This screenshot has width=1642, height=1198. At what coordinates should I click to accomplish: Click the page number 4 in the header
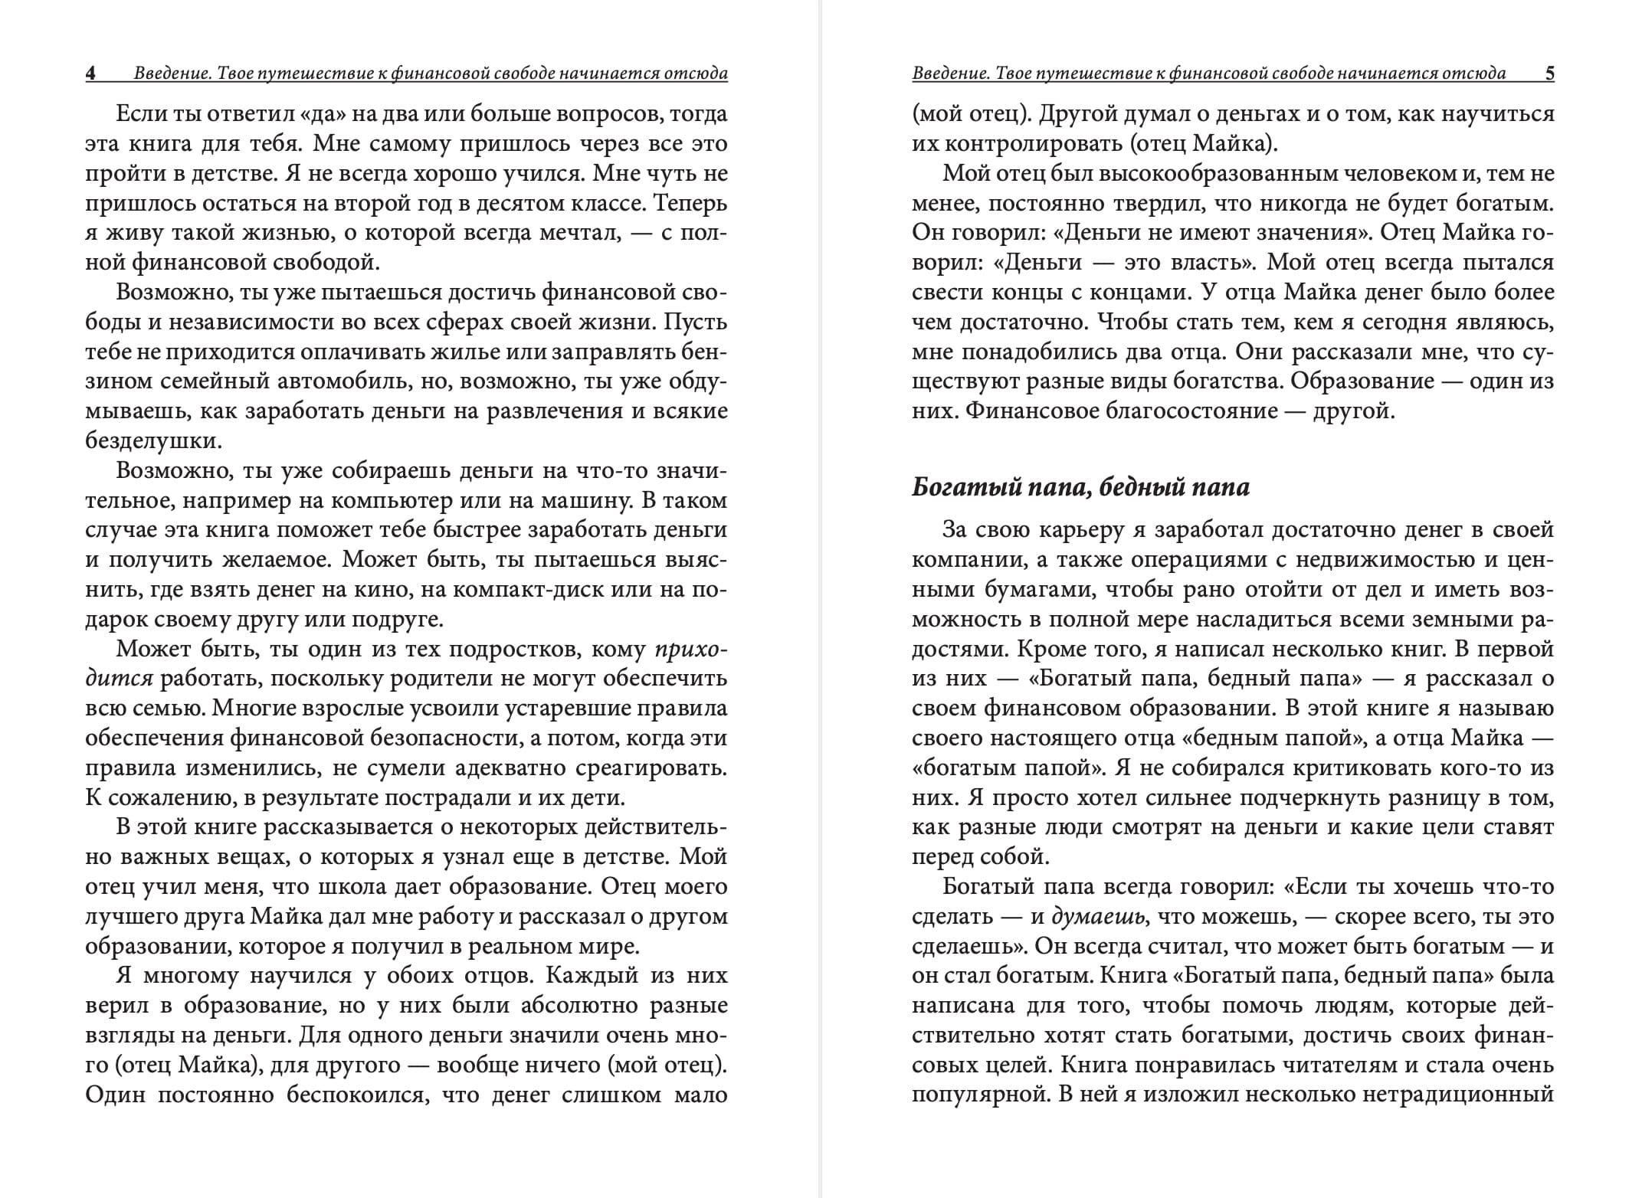coord(90,74)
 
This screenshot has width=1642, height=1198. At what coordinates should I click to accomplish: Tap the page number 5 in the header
coord(1549,74)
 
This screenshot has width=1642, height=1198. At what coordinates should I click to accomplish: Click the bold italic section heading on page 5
coord(1080,488)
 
